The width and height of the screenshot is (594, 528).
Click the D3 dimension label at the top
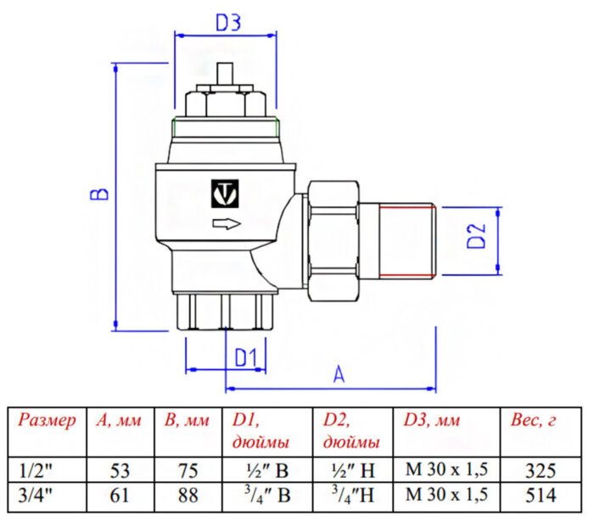click(x=227, y=23)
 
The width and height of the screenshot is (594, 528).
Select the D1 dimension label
click(x=245, y=357)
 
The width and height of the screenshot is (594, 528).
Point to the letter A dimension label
click(x=339, y=374)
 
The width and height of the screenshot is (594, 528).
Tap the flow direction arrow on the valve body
click(x=224, y=224)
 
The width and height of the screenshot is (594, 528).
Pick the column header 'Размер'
click(x=47, y=420)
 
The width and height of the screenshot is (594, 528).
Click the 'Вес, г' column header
click(x=534, y=420)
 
